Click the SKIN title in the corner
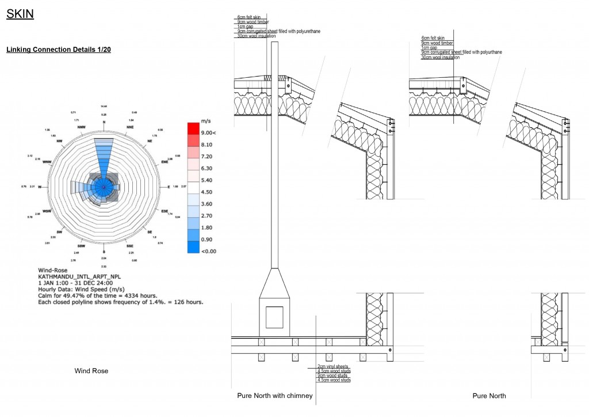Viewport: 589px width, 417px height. click(20, 14)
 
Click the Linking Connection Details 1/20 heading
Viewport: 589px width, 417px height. click(58, 50)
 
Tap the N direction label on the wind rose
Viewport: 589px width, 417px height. click(104, 122)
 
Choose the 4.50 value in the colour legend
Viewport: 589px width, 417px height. click(206, 192)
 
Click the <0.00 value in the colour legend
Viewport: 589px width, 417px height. click(208, 251)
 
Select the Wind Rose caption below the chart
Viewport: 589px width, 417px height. click(91, 371)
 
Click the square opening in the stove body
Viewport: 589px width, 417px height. click(274, 316)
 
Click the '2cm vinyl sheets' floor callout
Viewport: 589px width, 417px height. click(333, 366)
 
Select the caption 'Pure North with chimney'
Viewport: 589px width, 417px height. click(275, 396)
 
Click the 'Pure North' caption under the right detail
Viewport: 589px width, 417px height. click(489, 396)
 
